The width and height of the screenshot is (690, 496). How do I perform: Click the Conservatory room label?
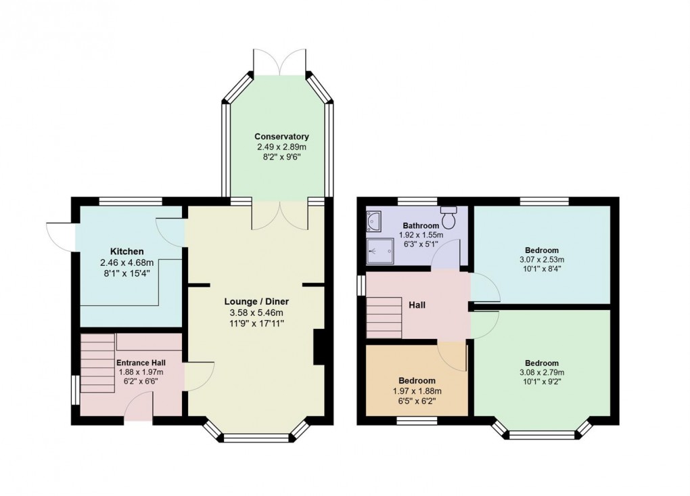click(x=281, y=136)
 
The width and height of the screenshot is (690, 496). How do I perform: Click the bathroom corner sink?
click(x=373, y=220)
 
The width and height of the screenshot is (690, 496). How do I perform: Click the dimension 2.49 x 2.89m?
click(x=281, y=147)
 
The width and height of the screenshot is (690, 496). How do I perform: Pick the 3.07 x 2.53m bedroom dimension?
click(x=541, y=259)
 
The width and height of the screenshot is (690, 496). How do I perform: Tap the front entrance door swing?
click(x=140, y=407)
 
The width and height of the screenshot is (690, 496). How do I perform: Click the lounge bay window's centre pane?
click(x=255, y=438)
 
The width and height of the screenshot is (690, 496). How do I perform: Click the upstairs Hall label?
click(x=417, y=305)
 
